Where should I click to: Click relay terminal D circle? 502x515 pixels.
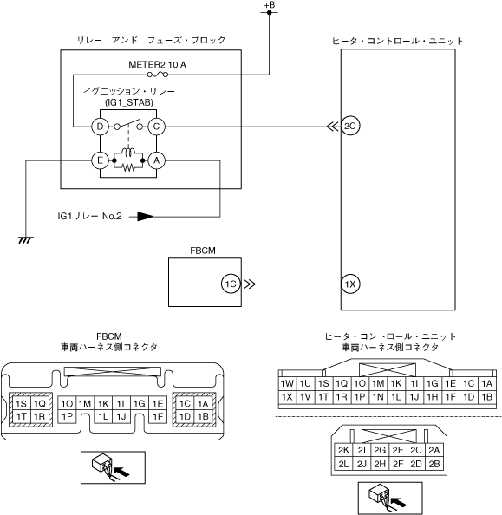coord(100,127)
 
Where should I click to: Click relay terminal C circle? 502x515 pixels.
coord(156,127)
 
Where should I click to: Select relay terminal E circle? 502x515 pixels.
coord(100,160)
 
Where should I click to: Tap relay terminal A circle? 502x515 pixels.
coord(156,160)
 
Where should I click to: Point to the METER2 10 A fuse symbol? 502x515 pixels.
coord(158,75)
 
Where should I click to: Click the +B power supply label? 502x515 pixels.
coord(270,5)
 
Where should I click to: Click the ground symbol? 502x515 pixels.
coord(26,240)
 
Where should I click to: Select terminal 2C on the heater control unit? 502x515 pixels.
coord(350,126)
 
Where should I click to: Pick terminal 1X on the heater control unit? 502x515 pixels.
coord(350,284)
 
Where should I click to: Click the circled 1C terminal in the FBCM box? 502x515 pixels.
coord(231,284)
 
